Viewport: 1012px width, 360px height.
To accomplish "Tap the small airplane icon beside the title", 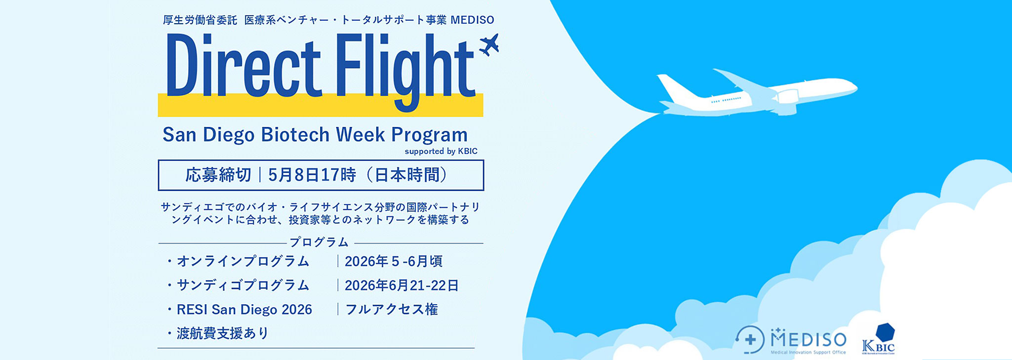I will coord(489,44).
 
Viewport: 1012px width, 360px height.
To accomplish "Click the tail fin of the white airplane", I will coord(674,89).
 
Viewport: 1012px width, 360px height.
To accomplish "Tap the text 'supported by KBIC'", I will coord(441,152).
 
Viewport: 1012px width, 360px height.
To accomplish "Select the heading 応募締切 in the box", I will coord(218,175).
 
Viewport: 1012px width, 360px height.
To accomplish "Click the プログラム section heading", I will coord(319,242).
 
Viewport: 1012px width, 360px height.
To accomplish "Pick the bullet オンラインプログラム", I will coord(243,261).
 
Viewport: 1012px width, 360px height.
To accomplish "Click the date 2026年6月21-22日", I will coord(402,285).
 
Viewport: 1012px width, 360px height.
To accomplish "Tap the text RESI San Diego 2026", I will coord(244,310).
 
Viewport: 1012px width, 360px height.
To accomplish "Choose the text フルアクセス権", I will coord(391,310).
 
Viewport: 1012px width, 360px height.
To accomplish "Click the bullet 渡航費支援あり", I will coord(222,333).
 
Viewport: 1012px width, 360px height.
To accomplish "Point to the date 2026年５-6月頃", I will coord(393,261).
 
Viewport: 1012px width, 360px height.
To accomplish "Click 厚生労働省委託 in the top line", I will coord(200,20).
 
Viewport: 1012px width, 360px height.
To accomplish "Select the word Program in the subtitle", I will coord(429,135).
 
